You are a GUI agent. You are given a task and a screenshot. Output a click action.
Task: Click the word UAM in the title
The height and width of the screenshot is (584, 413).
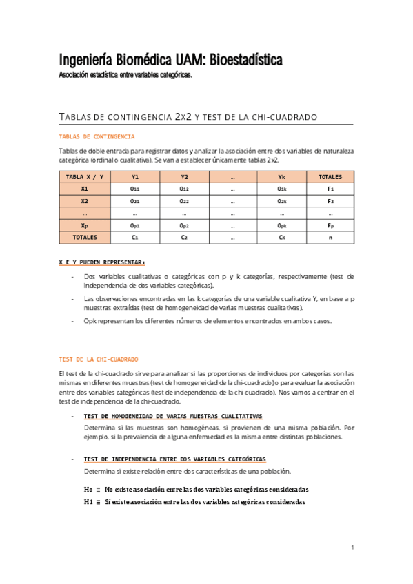(168, 61)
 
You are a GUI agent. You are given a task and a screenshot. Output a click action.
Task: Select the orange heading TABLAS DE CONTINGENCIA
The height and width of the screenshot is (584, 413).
(97, 137)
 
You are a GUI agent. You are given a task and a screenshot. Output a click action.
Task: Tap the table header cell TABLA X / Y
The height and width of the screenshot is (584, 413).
(84, 176)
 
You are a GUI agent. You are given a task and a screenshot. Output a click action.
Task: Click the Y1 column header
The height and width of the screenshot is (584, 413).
(135, 176)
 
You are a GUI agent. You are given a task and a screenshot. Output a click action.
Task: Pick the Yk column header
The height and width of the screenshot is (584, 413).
(281, 176)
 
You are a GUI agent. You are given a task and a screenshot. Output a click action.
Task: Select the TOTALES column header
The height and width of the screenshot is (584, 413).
(330, 176)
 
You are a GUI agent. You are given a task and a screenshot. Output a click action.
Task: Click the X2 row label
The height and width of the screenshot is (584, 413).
(84, 201)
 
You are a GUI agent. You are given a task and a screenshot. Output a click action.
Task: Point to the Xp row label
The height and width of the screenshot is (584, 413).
(84, 225)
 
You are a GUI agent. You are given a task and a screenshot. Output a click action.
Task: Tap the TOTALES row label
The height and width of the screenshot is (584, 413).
(84, 238)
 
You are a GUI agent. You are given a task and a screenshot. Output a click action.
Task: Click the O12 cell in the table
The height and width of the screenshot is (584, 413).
(184, 189)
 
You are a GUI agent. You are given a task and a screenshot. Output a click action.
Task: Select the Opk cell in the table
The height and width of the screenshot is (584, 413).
(281, 225)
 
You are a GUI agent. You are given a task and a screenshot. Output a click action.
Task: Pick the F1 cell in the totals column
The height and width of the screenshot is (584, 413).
(330, 189)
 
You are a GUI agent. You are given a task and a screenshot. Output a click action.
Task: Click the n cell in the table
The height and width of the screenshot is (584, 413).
(330, 238)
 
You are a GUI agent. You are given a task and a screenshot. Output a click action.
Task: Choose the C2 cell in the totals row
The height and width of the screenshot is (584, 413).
(184, 238)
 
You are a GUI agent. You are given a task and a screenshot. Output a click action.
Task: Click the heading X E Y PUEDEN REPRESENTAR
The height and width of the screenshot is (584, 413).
(102, 262)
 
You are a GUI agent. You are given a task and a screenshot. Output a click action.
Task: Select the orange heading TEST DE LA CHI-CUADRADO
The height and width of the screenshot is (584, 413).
(99, 359)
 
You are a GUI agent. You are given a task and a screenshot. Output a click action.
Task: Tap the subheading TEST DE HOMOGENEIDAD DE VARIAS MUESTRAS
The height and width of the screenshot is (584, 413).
(172, 417)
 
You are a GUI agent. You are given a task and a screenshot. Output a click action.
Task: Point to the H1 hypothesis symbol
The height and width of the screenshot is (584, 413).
(88, 502)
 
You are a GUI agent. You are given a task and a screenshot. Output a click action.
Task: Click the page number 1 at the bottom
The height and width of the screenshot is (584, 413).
(352, 547)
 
